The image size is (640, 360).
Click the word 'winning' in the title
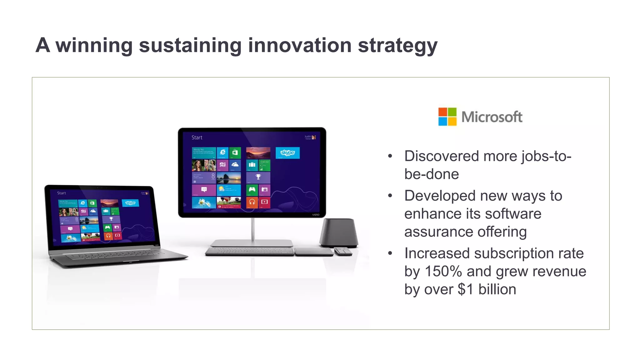[x=94, y=45]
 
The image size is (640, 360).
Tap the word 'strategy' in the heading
[x=397, y=46]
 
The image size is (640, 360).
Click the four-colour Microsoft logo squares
[x=447, y=117]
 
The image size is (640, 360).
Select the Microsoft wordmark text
[x=492, y=117]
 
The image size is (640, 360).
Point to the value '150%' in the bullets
[x=443, y=271]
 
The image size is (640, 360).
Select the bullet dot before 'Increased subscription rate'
[x=390, y=253]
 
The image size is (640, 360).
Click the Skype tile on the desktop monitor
[x=287, y=153]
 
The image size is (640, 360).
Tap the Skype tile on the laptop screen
[x=130, y=203]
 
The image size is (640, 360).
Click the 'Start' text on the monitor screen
[x=197, y=137]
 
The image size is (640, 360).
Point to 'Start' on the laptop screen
[x=62, y=193]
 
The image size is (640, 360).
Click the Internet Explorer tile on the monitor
[x=222, y=152]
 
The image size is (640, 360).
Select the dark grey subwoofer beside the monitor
[x=339, y=233]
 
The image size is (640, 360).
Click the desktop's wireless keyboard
[x=249, y=251]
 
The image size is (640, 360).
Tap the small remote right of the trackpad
[x=343, y=251]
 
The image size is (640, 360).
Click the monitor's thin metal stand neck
[x=252, y=229]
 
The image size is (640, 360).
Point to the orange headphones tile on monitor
[x=252, y=202]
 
